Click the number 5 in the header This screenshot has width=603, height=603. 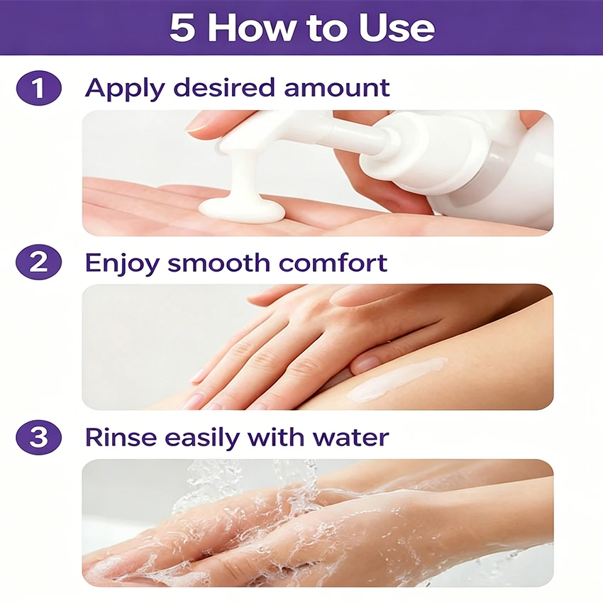click(x=182, y=28)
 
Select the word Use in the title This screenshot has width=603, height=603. click(x=396, y=28)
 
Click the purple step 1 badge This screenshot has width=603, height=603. click(x=38, y=88)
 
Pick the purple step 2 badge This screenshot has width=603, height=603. click(x=38, y=262)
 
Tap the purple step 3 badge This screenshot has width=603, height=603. click(x=38, y=437)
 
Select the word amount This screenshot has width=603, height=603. click(x=337, y=89)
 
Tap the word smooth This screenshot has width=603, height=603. click(x=218, y=262)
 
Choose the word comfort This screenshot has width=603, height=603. click(x=333, y=262)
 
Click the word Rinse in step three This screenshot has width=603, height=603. click(x=121, y=437)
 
